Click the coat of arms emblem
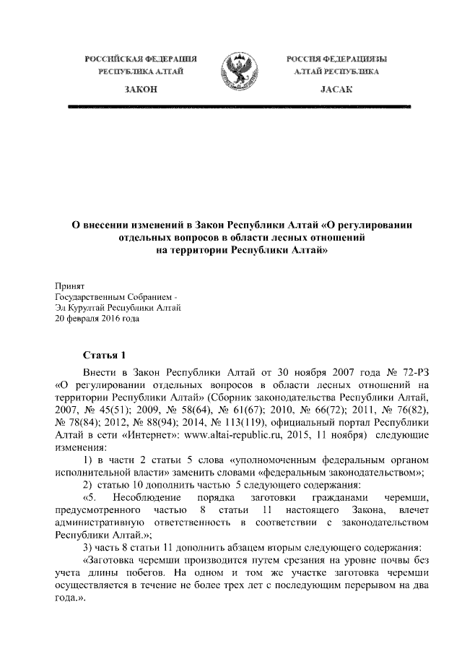[232, 72]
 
